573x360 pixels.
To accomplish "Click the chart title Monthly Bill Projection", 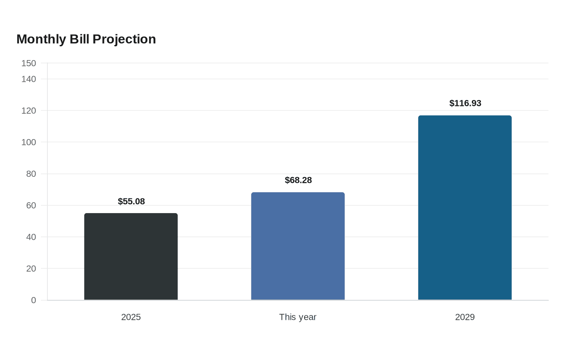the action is coord(86,39).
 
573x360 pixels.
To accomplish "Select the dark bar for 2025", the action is coord(131,256).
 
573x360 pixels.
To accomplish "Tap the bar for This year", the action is coord(298,246).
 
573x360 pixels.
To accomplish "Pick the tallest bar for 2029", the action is coord(465,208).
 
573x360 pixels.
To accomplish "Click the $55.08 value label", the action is coord(131,201).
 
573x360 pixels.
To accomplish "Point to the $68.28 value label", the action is coord(298,180).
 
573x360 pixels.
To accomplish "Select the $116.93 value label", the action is coord(465,103).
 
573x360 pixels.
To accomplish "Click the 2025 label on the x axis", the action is coord(131,317).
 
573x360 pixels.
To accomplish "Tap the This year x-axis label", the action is coord(298,317).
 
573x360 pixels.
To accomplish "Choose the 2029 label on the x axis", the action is coord(465,317).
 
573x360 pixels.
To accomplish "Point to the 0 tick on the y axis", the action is coord(34,300).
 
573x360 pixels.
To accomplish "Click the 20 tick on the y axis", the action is coord(31,268).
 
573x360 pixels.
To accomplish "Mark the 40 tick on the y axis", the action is coord(31,237).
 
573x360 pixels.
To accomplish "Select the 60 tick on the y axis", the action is coord(31,205).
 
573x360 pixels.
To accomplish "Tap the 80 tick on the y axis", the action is coord(31,174).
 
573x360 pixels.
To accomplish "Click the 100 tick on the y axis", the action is coord(29,142).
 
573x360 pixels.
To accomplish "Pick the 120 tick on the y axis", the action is coord(29,111).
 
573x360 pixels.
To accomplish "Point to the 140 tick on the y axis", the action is coord(29,79).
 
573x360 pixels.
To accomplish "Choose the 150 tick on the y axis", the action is coord(29,63).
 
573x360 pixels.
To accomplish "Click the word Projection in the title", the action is coord(124,40).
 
